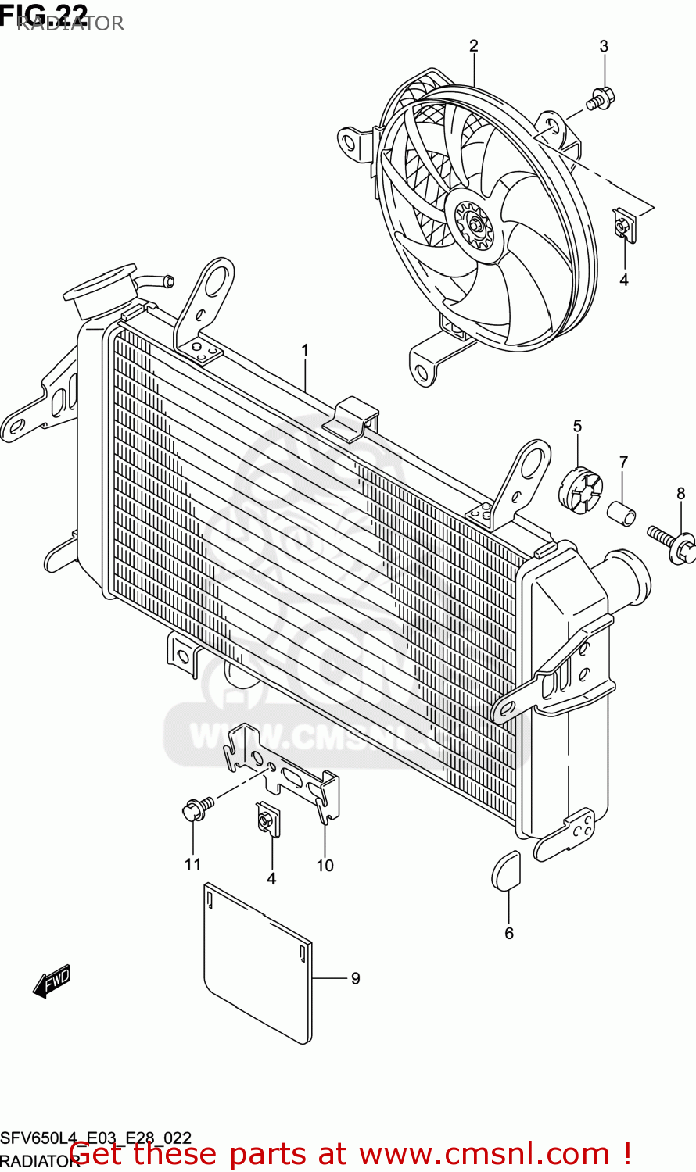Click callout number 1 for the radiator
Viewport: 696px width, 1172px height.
305,351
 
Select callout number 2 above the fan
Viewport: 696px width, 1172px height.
473,46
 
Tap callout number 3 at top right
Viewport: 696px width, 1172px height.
604,46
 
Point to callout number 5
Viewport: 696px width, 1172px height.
577,426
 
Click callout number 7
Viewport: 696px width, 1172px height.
623,462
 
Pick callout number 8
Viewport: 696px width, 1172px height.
680,493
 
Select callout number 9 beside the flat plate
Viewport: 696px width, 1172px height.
355,978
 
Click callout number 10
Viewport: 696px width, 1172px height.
325,865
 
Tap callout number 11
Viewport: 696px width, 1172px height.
192,863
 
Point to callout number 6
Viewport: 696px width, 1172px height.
509,933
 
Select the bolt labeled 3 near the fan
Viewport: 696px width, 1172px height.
600,99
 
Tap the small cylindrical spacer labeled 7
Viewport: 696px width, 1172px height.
622,514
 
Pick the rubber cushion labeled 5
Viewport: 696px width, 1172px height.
580,491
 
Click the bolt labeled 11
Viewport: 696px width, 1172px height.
196,808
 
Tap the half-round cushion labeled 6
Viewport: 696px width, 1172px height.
506,870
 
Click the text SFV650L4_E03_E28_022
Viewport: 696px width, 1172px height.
95,1138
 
